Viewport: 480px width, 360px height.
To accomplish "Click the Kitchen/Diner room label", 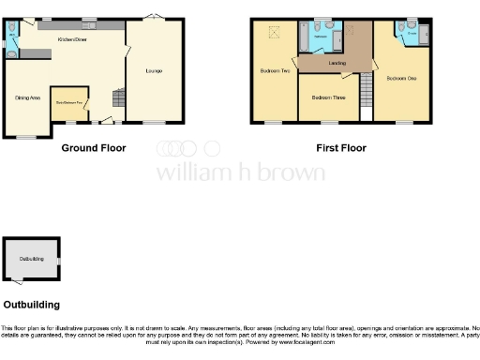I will coord(73,40).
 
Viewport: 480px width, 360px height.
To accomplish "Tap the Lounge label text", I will coord(152,71).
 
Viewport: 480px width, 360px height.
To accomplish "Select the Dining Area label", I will coord(27,97).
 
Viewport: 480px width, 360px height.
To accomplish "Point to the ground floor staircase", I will coord(116,97).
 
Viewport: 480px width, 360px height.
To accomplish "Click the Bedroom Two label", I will coord(275,71).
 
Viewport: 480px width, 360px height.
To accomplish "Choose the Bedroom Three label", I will coord(327,97).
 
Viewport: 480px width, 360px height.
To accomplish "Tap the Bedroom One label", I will coord(401,78).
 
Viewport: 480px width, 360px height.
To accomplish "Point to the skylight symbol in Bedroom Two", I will coord(275,34).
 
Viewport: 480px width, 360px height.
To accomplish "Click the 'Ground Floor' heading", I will coord(94,148).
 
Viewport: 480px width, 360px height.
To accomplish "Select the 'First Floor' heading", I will coord(340,148).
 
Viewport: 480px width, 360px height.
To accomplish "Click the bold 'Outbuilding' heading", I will coord(31,305).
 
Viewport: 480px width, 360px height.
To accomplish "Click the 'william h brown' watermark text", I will coord(240,172).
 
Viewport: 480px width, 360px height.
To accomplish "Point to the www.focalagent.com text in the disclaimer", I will coord(291,342).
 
